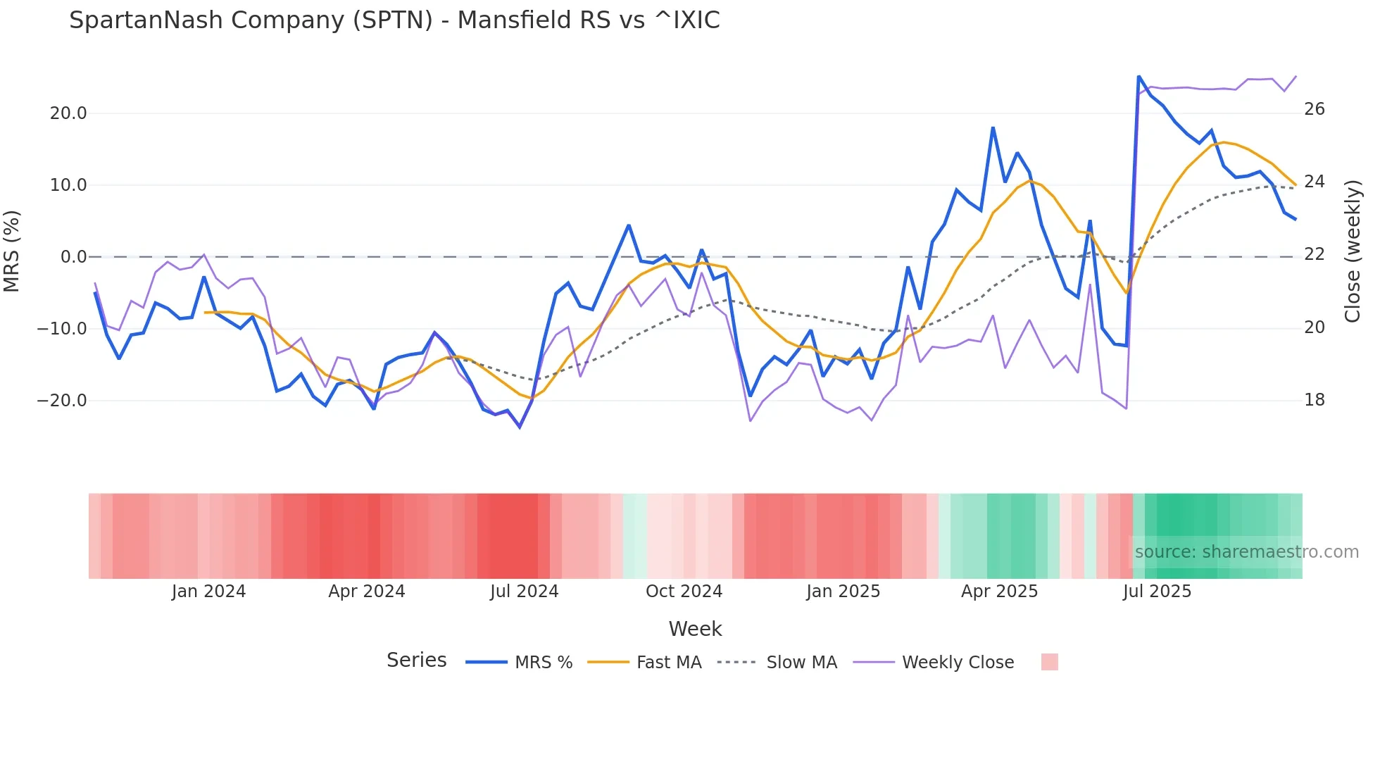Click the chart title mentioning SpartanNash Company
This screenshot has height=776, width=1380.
tap(394, 20)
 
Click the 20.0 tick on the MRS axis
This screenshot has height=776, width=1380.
tap(68, 113)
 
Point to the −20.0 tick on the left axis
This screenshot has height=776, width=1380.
tap(62, 401)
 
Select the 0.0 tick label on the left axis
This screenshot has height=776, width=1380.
tap(73, 257)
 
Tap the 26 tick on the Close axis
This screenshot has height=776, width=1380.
tap(1314, 109)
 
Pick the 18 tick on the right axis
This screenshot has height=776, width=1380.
tap(1314, 400)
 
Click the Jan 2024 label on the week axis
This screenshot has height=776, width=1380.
tap(208, 592)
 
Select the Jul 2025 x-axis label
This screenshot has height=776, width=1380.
tap(1157, 592)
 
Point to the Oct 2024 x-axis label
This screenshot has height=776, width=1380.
tap(684, 592)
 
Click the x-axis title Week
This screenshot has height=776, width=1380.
tap(695, 629)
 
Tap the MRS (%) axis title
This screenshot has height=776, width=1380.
tap(12, 251)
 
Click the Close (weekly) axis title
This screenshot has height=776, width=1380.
tap(1352, 251)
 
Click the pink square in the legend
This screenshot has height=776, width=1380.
tap(1049, 662)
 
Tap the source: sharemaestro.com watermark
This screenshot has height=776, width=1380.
tap(1246, 552)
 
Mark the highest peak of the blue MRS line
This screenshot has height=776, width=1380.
tap(1138, 77)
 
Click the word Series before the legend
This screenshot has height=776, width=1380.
tap(416, 661)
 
